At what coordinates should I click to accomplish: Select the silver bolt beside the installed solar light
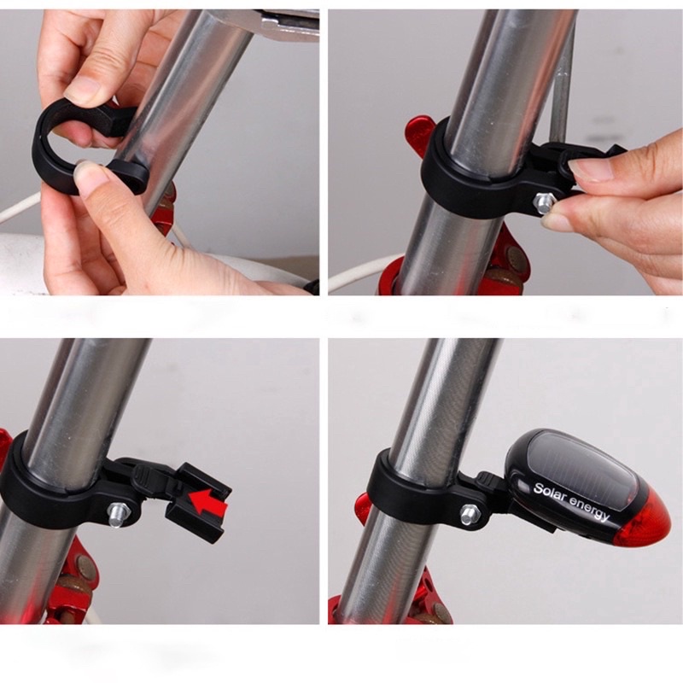[469, 515]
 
